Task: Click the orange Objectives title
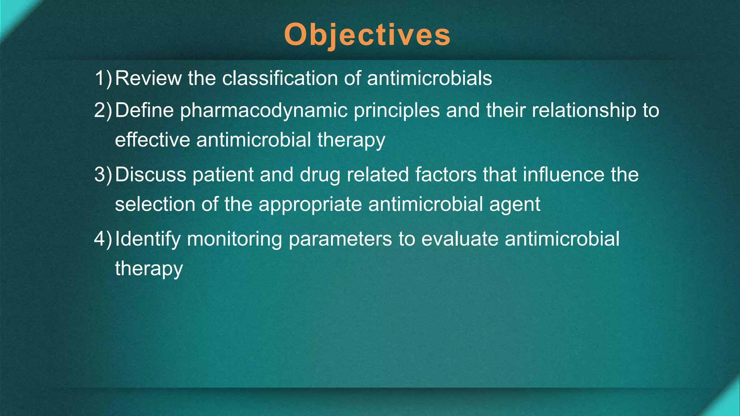(367, 35)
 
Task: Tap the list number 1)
(103, 78)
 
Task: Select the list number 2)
(103, 110)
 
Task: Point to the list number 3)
(103, 174)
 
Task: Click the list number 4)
(103, 239)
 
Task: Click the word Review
(148, 78)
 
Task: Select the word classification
(279, 78)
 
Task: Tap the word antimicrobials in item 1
(429, 78)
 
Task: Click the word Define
(144, 110)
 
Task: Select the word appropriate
(310, 205)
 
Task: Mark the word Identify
(148, 239)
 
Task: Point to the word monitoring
(234, 239)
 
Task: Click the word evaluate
(460, 239)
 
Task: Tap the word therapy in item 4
(149, 269)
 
